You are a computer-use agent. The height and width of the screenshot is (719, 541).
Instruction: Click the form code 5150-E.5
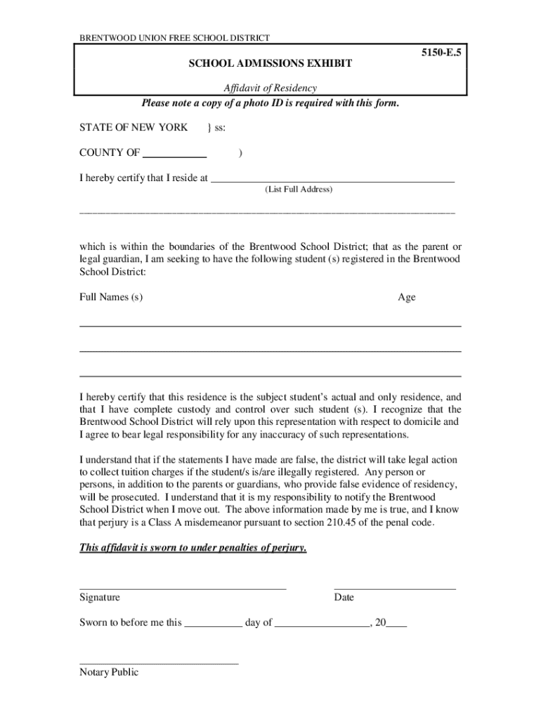tap(441, 53)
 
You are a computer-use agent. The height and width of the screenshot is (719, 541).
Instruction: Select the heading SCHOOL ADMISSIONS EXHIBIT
tap(270, 64)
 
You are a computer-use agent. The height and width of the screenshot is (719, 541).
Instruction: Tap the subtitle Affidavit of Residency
tap(270, 88)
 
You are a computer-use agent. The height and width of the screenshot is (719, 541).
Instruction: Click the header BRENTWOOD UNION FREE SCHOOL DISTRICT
tap(174, 38)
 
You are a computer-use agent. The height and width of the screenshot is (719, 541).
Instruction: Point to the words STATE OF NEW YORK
tap(133, 127)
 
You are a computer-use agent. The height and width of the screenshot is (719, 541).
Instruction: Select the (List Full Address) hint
tap(299, 190)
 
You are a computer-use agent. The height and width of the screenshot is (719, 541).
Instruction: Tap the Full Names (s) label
tap(111, 297)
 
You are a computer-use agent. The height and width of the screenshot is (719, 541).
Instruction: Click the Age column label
tap(406, 297)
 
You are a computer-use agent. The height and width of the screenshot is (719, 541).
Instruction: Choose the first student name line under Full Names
tap(270, 326)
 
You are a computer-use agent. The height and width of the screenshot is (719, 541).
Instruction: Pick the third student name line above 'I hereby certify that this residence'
tap(270, 376)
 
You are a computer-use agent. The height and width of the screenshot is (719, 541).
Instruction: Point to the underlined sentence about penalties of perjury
tap(193, 548)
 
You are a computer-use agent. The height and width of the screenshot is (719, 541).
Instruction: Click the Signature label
tap(100, 598)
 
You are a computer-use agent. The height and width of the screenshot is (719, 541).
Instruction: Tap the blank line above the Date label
tap(394, 588)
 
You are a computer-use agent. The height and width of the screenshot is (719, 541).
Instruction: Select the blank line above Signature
tap(183, 588)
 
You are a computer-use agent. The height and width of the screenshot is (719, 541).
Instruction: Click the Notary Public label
tap(109, 673)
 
